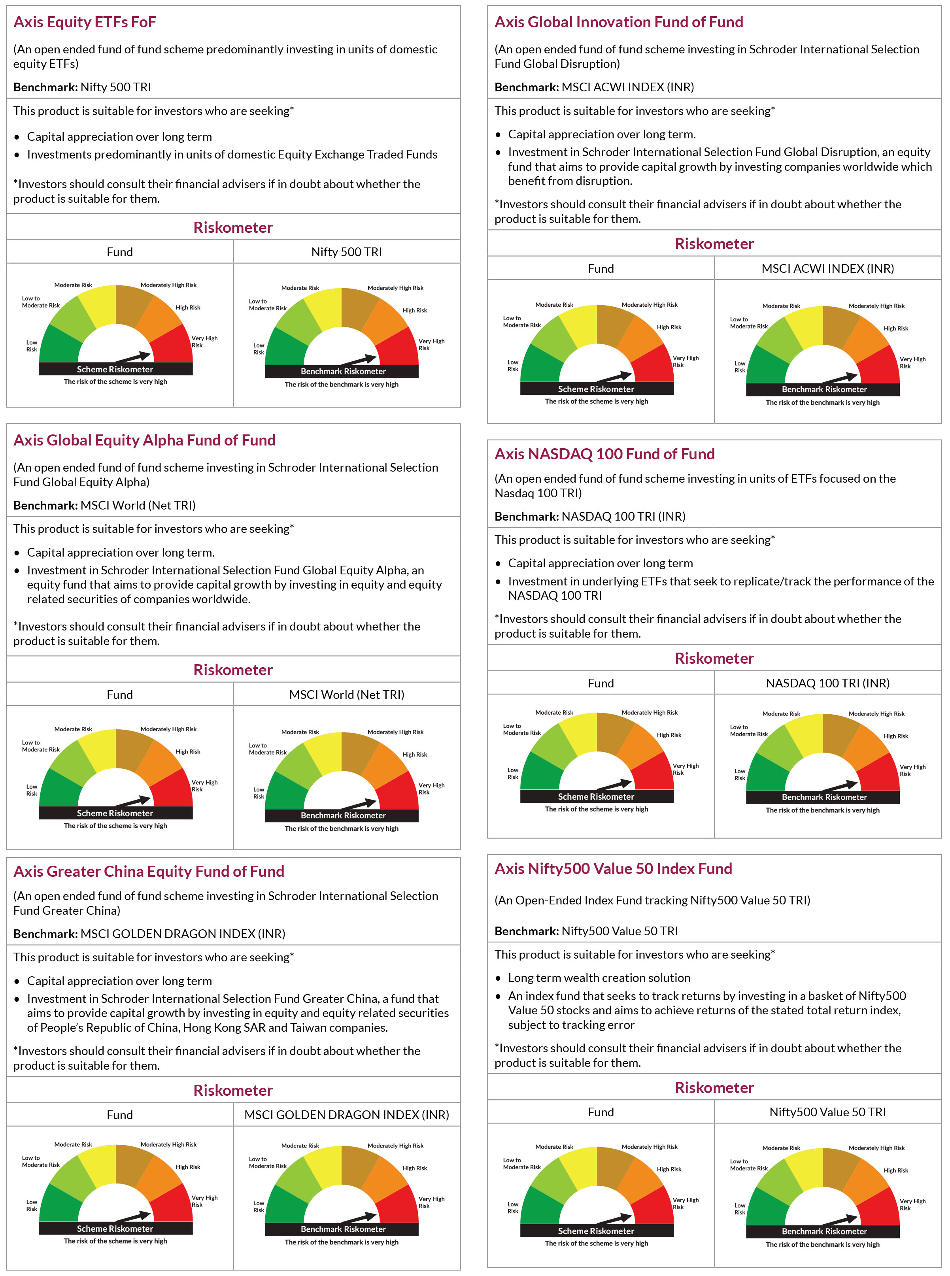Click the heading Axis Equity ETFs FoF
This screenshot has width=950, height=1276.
(x=85, y=22)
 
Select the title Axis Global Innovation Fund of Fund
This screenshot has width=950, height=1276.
(x=619, y=22)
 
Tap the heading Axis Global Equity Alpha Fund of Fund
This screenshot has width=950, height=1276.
(x=144, y=440)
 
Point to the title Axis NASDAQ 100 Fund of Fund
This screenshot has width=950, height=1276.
(x=604, y=454)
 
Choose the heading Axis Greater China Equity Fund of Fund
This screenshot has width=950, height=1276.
(x=149, y=871)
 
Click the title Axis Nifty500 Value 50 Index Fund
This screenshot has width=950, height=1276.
(x=613, y=868)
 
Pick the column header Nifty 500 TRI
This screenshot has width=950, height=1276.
(x=347, y=252)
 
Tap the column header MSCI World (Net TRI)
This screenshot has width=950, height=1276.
(x=347, y=695)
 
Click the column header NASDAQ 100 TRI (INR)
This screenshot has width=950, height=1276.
(x=827, y=683)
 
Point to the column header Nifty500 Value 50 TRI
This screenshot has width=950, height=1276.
(x=827, y=1112)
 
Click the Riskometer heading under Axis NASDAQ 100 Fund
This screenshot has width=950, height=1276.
(x=714, y=659)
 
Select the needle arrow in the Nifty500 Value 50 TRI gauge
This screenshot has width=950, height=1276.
(x=840, y=1219)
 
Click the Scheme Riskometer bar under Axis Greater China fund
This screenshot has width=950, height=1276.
(x=115, y=1228)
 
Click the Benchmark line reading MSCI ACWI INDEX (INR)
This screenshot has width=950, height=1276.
(x=594, y=87)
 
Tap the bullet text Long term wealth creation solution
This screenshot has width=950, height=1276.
(x=599, y=978)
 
